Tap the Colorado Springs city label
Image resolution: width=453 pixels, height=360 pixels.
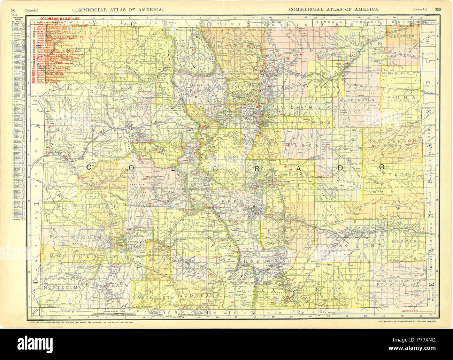pyautogui.click(x=282, y=182)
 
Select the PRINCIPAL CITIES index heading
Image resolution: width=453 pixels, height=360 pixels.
pyautogui.click(x=15, y=18)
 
